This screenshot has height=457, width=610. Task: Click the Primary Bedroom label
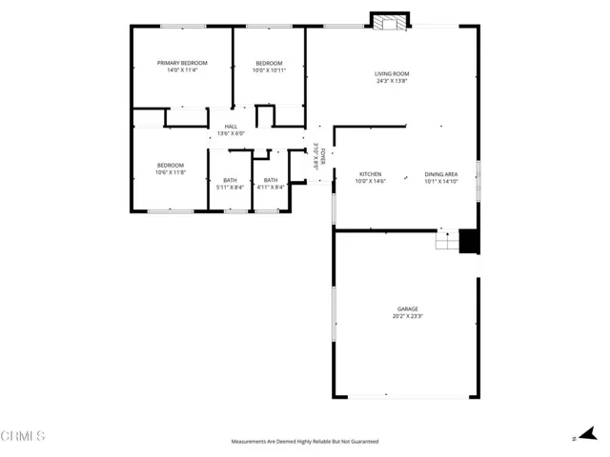click(182, 63)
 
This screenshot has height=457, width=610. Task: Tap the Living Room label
click(392, 73)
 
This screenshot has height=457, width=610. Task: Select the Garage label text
click(409, 308)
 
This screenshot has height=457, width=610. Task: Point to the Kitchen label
click(370, 174)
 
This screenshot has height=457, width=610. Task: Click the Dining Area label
click(441, 174)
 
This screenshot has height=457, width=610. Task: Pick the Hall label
click(231, 127)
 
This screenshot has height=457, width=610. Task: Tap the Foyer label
click(323, 155)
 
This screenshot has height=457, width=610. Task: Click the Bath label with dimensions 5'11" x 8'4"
click(230, 180)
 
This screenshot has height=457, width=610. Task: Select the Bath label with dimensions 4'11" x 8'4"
click(271, 180)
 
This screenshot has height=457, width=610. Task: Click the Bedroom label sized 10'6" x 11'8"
click(171, 166)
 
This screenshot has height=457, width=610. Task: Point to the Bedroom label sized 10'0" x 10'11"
click(269, 63)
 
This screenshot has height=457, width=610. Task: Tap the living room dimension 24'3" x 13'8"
click(392, 81)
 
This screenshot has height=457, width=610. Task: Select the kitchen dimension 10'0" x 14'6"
click(370, 181)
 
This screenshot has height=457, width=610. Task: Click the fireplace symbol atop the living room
click(389, 22)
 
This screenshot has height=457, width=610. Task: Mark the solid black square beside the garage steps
click(468, 242)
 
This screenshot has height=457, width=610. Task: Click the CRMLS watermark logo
click(23, 437)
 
